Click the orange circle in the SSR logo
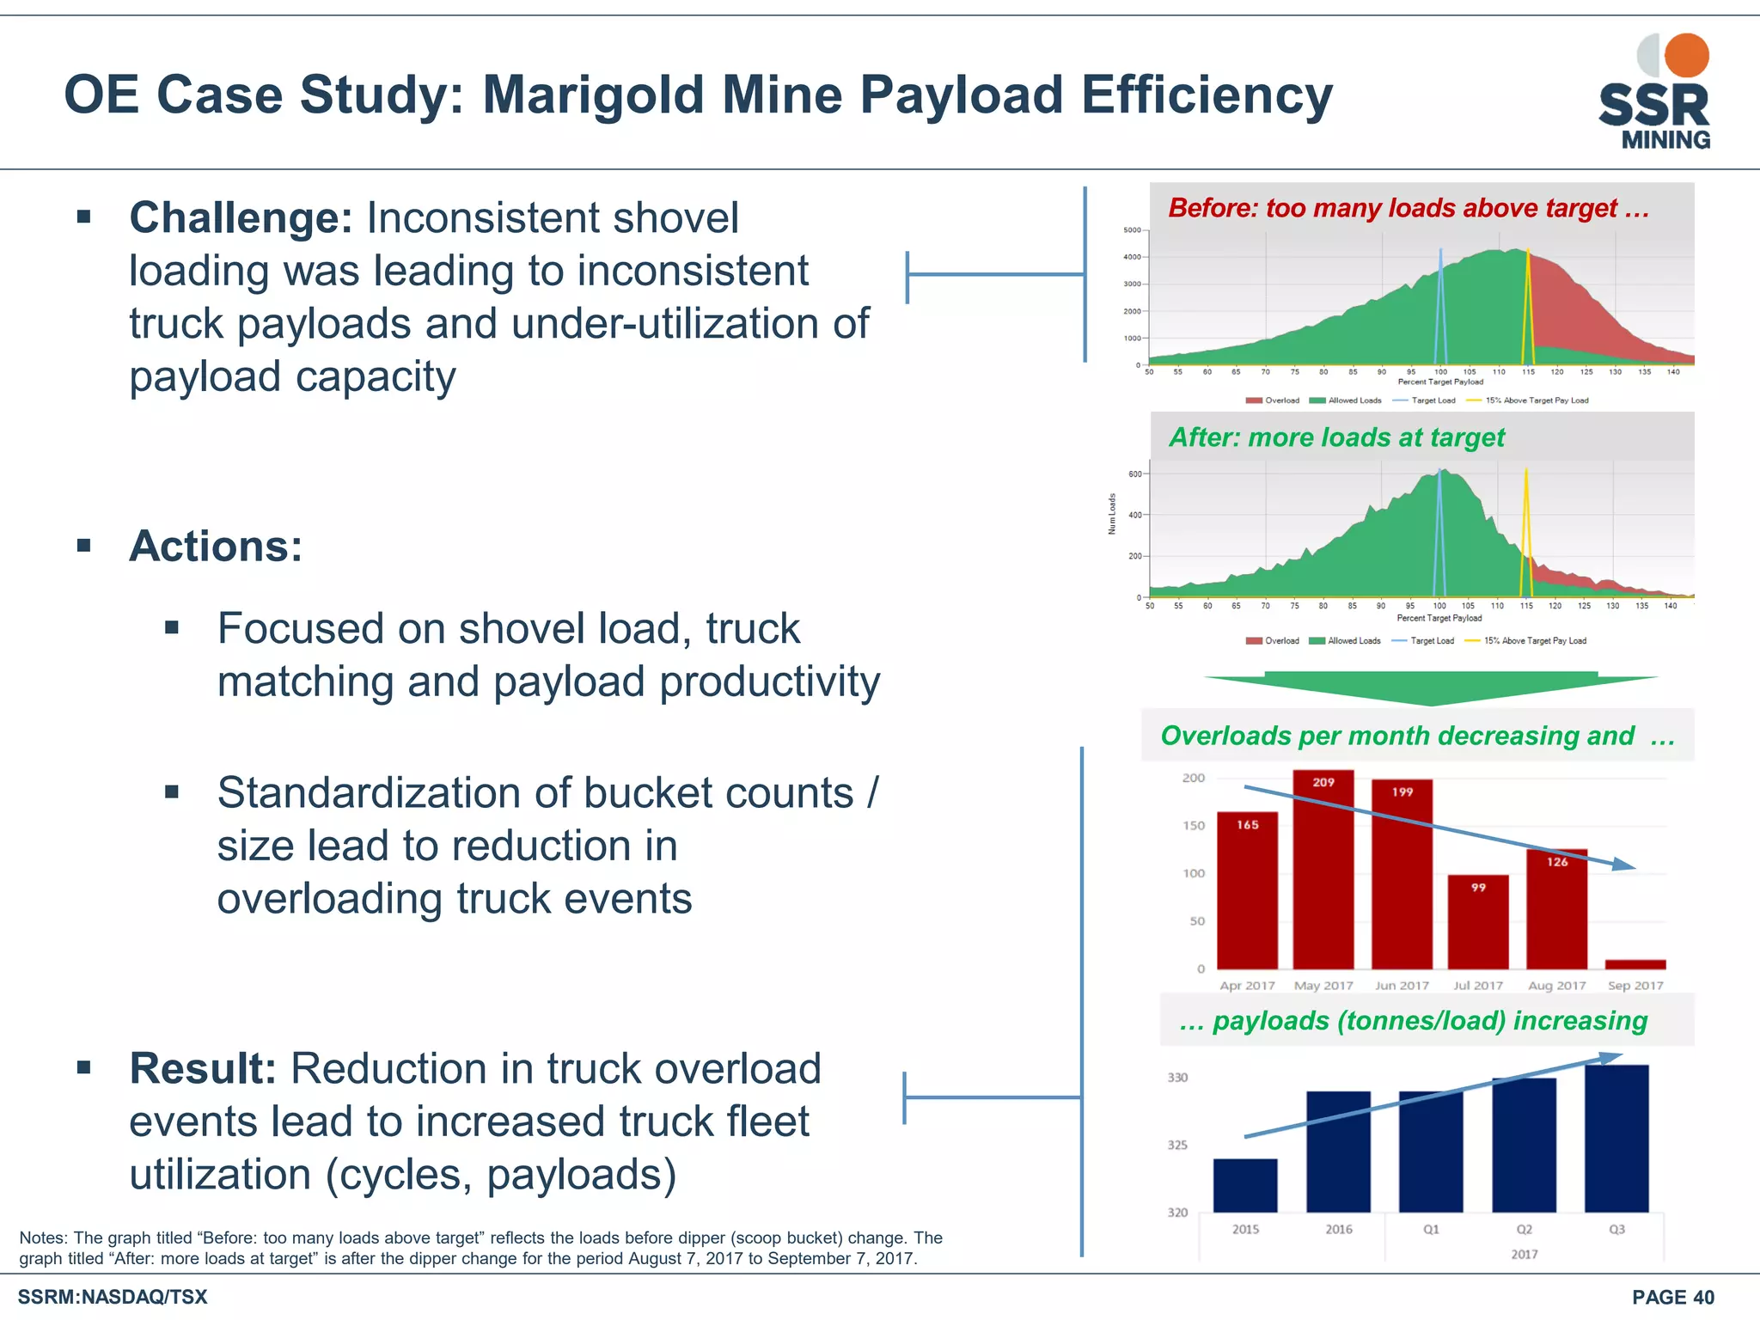(1686, 56)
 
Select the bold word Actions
(216, 547)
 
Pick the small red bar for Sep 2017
(1635, 964)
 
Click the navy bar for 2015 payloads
(1245, 1186)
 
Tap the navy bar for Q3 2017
(1616, 1139)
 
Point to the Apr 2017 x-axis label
(1247, 986)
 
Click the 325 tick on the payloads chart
(1177, 1145)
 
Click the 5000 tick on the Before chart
(1132, 230)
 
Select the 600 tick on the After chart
(1135, 474)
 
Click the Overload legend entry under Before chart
(1273, 400)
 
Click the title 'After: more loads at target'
(1336, 437)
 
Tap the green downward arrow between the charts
(1430, 688)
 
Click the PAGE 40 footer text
(1672, 1298)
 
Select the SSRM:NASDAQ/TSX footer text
(113, 1297)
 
